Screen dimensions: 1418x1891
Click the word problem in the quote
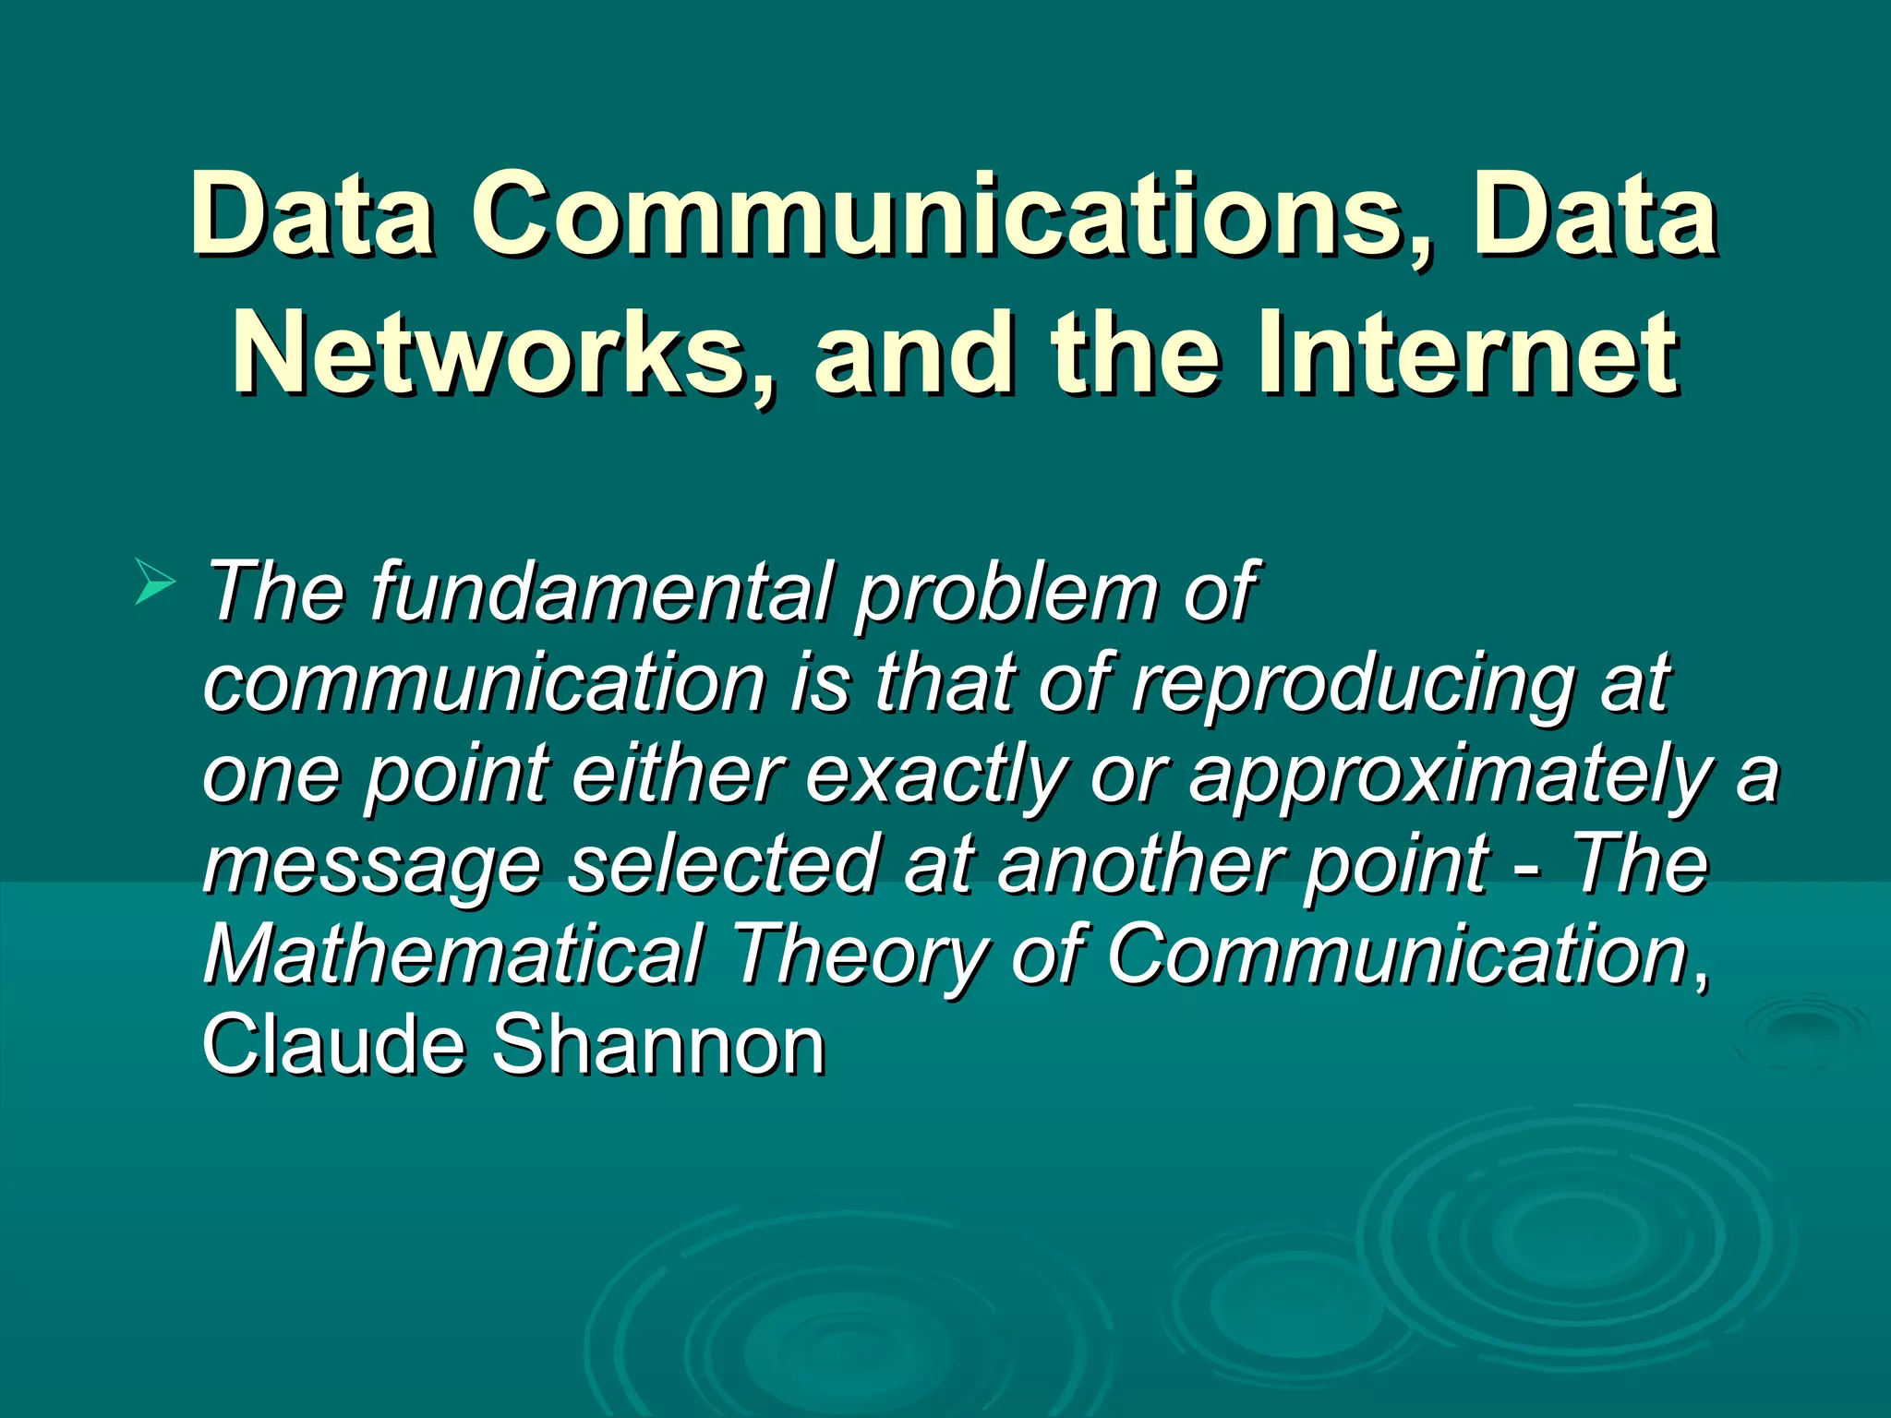click(1006, 593)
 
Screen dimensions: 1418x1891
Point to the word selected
click(722, 863)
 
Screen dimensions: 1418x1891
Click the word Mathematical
click(453, 954)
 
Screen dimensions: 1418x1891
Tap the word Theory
click(859, 954)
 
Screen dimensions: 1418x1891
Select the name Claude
click(333, 1045)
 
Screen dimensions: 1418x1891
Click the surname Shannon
click(657, 1045)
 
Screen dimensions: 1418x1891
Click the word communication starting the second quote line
click(484, 683)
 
